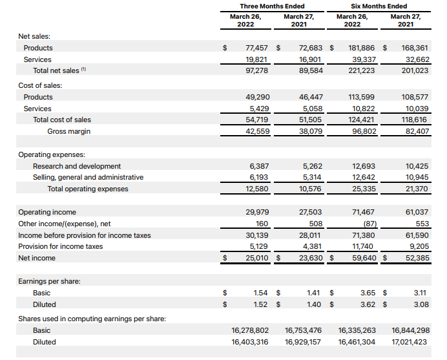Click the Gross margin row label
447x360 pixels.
tap(68, 131)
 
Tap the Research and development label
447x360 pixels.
tap(77, 166)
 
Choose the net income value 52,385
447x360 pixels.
tap(417, 258)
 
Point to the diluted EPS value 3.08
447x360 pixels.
tap(421, 304)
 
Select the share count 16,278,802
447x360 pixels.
tap(250, 330)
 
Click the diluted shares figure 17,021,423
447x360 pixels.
tap(410, 342)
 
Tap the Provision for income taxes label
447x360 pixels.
tap(61, 246)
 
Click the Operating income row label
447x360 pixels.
tap(47, 212)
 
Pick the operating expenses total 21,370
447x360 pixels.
tap(417, 189)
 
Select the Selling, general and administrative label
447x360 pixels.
tap(88, 177)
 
